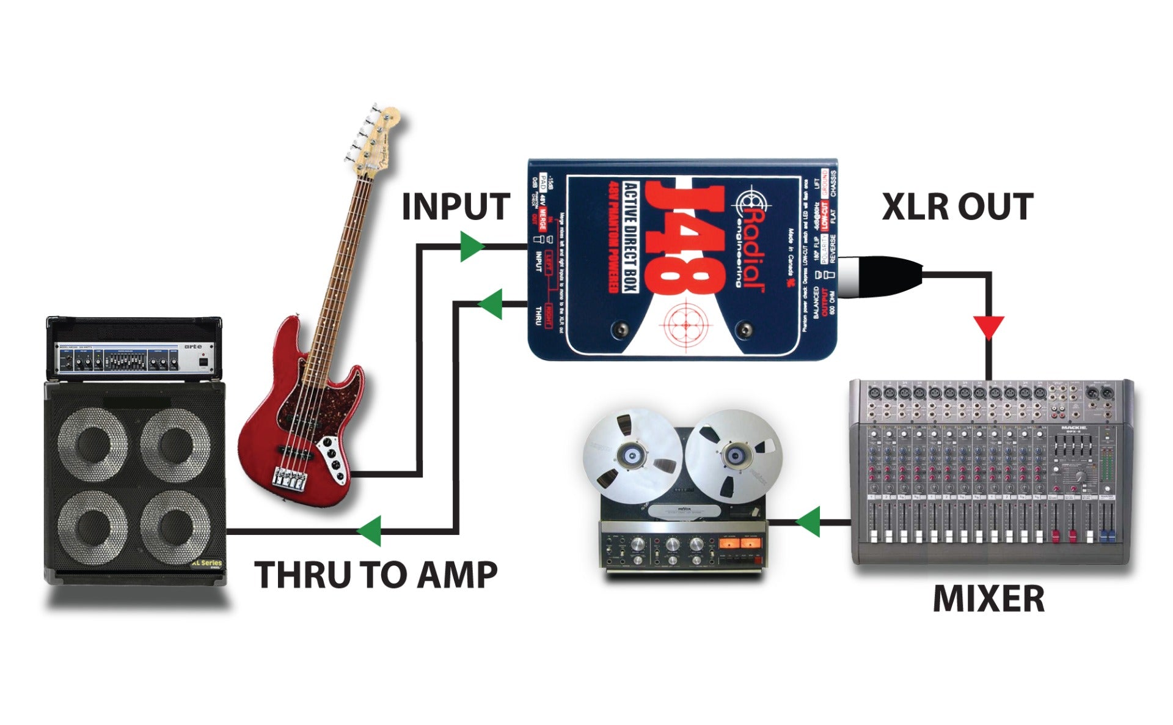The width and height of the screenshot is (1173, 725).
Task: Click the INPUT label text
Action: tap(455, 207)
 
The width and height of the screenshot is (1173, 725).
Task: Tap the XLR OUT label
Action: tap(957, 207)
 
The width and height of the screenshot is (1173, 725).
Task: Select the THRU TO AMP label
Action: tap(376, 575)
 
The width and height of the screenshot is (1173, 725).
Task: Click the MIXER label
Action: tap(988, 598)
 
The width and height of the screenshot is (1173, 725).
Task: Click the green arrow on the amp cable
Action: tap(370, 531)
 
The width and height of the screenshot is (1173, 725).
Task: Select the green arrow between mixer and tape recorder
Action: tap(809, 521)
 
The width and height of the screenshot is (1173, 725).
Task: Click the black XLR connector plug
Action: tap(880, 277)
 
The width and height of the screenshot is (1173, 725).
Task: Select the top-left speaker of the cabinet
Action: tap(93, 443)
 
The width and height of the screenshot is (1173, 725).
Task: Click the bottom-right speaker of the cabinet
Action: tap(176, 524)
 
